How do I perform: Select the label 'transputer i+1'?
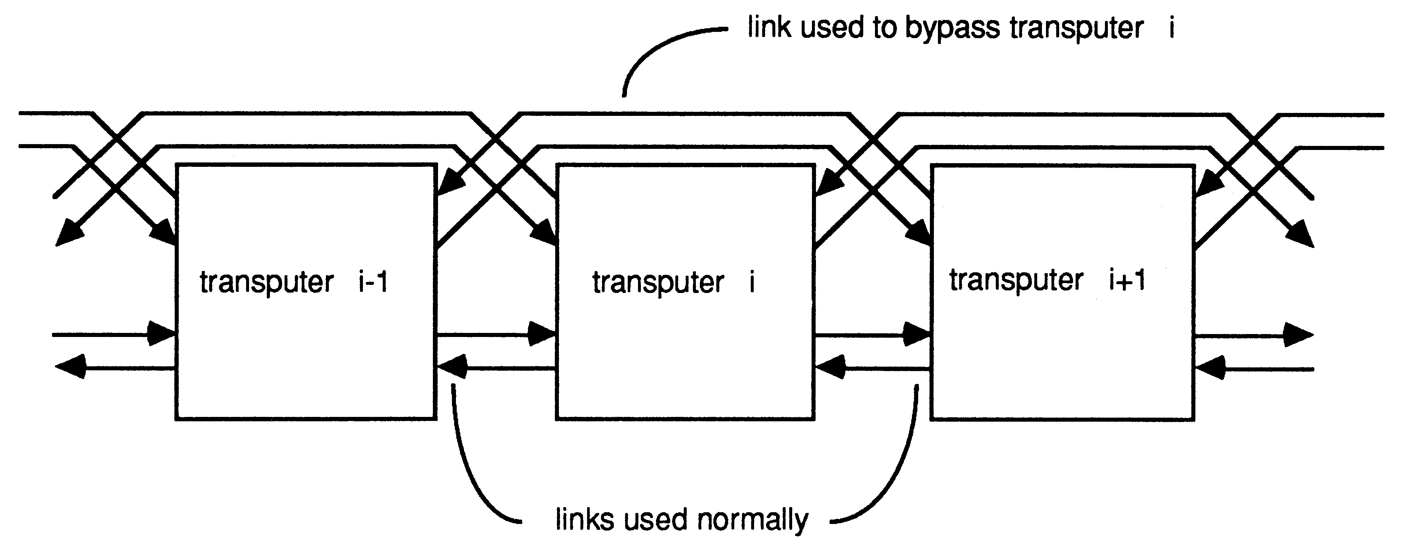click(1047, 280)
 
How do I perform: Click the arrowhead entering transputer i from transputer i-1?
click(542, 334)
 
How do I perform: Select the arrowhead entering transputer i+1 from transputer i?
click(917, 334)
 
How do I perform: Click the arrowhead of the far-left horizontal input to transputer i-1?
click(162, 334)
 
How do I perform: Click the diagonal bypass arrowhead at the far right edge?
click(1300, 235)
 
